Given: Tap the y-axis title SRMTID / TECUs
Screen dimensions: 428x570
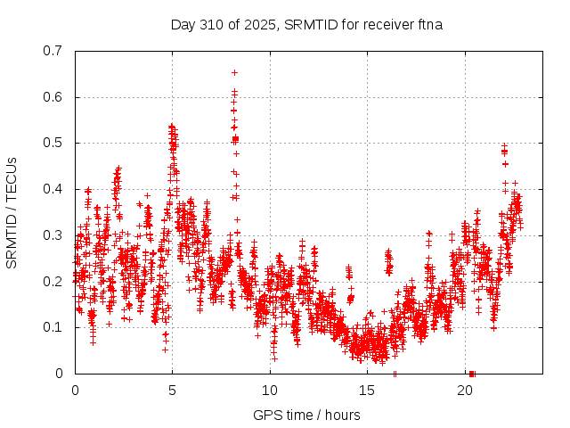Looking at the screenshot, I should pyautogui.click(x=12, y=211).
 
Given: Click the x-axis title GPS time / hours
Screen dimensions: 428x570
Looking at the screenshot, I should pyautogui.click(x=306, y=415).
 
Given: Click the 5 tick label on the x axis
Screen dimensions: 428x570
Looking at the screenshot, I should pyautogui.click(x=173, y=391).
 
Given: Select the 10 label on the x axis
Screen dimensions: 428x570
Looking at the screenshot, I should pyautogui.click(x=270, y=391).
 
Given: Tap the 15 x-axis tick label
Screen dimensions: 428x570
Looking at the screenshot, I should pyautogui.click(x=368, y=391).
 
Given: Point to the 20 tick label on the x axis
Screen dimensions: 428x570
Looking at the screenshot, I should pyautogui.click(x=465, y=391).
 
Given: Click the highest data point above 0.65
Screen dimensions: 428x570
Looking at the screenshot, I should pyautogui.click(x=234, y=72).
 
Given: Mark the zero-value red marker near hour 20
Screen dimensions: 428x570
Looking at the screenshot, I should pyautogui.click(x=471, y=374).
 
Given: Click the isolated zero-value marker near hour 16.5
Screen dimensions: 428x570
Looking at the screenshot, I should pyautogui.click(x=395, y=374).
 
